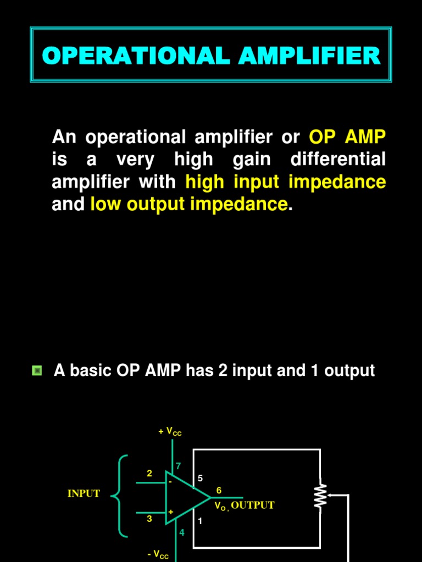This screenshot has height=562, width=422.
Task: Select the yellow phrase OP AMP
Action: pyautogui.click(x=347, y=137)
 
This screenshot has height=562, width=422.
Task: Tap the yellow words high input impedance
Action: pyautogui.click(x=286, y=182)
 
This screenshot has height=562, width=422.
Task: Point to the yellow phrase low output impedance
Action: pyautogui.click(x=188, y=204)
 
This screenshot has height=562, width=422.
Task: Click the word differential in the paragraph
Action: pyautogui.click(x=338, y=160)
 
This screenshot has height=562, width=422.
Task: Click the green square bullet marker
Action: pyautogui.click(x=37, y=370)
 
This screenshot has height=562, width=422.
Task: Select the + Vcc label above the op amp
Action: pyautogui.click(x=170, y=432)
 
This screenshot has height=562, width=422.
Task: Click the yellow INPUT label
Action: pyautogui.click(x=84, y=493)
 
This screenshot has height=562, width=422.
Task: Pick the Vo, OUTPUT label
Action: pyautogui.click(x=244, y=505)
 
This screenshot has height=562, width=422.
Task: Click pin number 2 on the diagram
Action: pyautogui.click(x=149, y=473)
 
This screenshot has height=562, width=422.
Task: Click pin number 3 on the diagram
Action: pyautogui.click(x=149, y=518)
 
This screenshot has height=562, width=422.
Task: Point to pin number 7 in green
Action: pyautogui.click(x=178, y=466)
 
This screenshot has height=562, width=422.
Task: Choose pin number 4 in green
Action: pyautogui.click(x=182, y=532)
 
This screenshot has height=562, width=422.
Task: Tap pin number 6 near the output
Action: pyautogui.click(x=219, y=490)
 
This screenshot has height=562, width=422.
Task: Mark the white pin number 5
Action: pyautogui.click(x=200, y=478)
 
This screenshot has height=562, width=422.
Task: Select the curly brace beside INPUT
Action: pyautogui.click(x=119, y=496)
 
